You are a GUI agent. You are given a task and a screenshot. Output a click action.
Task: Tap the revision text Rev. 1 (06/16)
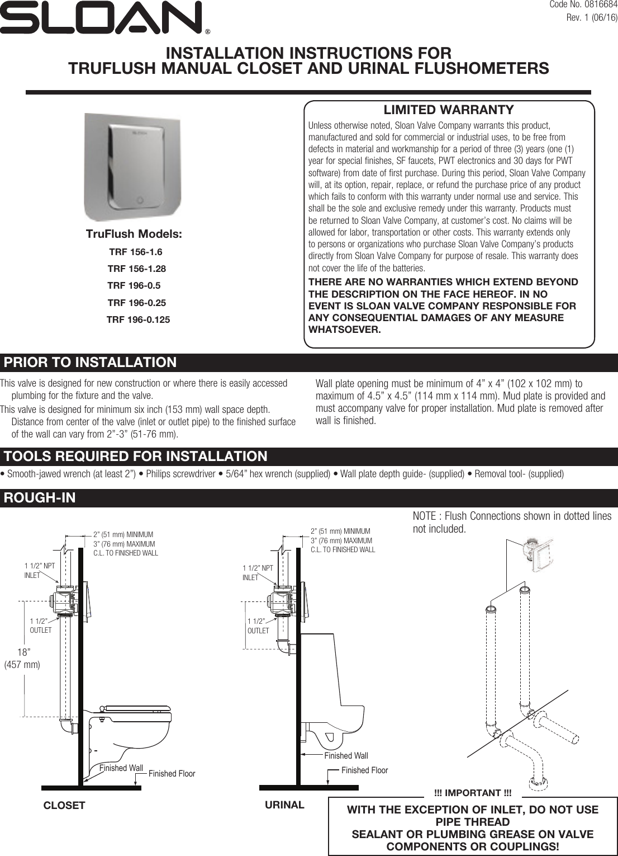592,17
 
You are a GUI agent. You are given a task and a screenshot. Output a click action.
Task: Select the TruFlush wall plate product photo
132,167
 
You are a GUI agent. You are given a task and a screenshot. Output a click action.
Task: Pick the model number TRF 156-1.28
136,269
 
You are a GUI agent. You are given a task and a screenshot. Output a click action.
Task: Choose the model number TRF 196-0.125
138,319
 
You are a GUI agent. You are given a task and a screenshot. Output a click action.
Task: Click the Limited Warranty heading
448,110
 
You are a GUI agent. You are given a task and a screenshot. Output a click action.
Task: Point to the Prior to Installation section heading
90,363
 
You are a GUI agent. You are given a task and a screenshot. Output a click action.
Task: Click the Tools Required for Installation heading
135,457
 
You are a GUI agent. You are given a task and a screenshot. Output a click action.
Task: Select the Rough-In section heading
40,498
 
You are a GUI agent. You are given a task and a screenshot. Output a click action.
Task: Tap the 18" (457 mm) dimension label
22,659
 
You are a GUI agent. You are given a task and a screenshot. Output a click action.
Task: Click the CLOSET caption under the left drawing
64,806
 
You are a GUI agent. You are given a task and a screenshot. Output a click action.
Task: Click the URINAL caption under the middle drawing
284,805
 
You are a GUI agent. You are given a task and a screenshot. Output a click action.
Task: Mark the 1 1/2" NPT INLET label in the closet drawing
39,571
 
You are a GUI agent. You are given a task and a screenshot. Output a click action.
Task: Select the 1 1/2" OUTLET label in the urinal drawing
258,626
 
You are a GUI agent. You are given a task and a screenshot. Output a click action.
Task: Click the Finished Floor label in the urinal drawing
364,770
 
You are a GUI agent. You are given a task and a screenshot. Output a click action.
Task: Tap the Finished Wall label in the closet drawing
121,768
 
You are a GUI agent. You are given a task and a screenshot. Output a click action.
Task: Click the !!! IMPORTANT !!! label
472,793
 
